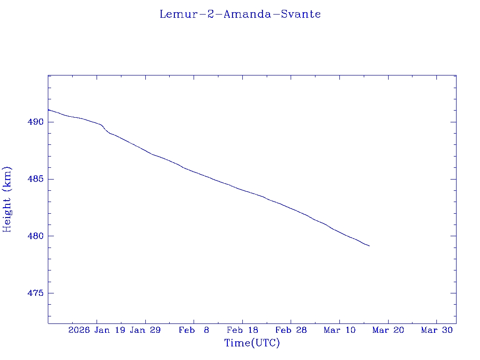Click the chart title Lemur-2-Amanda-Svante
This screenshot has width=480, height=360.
click(x=240, y=14)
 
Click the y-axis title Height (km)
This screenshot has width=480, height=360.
click(x=7, y=199)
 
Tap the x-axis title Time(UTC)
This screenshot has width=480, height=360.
click(x=252, y=343)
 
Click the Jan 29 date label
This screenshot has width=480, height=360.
click(x=145, y=330)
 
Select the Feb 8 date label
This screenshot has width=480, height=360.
click(x=194, y=330)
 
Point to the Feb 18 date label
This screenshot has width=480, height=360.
click(x=242, y=330)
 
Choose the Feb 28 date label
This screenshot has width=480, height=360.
click(x=291, y=330)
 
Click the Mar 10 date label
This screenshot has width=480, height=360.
click(x=339, y=330)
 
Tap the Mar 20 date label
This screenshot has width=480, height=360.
click(x=388, y=330)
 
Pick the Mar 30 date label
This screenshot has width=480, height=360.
click(x=436, y=330)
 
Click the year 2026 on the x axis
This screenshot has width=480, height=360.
click(x=79, y=330)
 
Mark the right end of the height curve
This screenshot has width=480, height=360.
click(x=369, y=246)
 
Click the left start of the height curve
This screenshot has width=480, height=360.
click(x=48, y=110)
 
